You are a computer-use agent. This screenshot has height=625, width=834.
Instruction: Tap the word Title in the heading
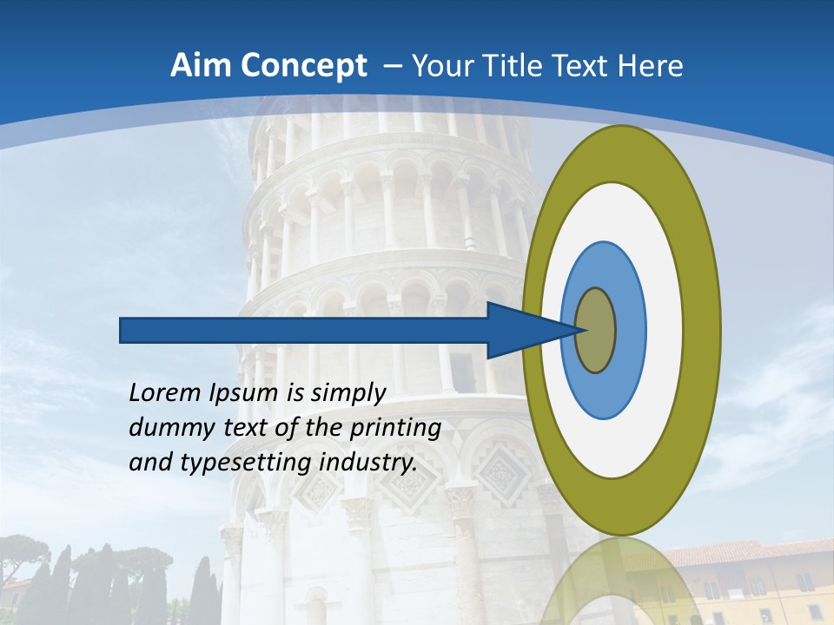(x=531, y=66)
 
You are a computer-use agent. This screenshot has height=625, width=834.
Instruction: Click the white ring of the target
(x=664, y=330)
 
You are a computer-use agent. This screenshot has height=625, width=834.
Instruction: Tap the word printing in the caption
(x=394, y=429)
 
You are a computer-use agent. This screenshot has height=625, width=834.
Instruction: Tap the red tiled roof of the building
(x=747, y=552)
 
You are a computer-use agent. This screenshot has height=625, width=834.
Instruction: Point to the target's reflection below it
(x=621, y=582)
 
